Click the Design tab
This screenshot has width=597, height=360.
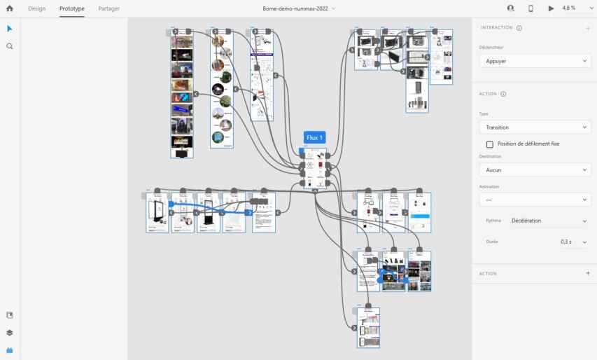point(36,8)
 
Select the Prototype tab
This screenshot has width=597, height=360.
point(72,8)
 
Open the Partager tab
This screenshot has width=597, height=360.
point(108,8)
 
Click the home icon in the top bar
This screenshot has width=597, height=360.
point(10,8)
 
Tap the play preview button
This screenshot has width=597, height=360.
point(551,8)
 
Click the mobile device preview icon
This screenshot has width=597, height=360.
point(531,8)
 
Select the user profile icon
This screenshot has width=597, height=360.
point(510,8)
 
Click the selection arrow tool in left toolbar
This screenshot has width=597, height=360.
point(10,29)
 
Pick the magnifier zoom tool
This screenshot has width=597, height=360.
point(10,46)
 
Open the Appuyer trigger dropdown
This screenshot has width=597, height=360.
point(533,61)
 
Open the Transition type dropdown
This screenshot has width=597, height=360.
point(533,127)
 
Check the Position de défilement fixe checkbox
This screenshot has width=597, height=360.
point(490,144)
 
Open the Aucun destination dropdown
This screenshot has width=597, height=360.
point(533,170)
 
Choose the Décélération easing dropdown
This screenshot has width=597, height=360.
point(548,221)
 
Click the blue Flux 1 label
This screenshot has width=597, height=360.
point(315,137)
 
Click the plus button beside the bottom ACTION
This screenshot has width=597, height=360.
point(587,273)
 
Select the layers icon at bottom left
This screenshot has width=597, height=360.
point(10,333)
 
